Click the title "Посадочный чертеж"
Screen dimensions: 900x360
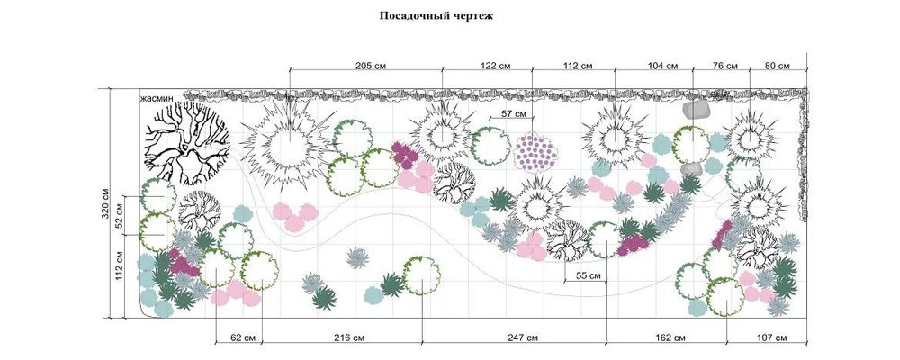click(x=436, y=16)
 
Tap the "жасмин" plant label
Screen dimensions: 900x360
click(x=157, y=98)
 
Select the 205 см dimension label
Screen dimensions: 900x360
click(x=371, y=66)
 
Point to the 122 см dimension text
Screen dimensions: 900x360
click(x=495, y=66)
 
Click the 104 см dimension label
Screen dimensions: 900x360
click(x=662, y=66)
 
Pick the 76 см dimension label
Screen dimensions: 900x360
click(x=724, y=66)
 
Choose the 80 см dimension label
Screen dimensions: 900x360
click(x=778, y=66)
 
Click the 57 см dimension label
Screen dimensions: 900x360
click(x=514, y=114)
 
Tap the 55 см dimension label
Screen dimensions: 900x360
click(x=589, y=276)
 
